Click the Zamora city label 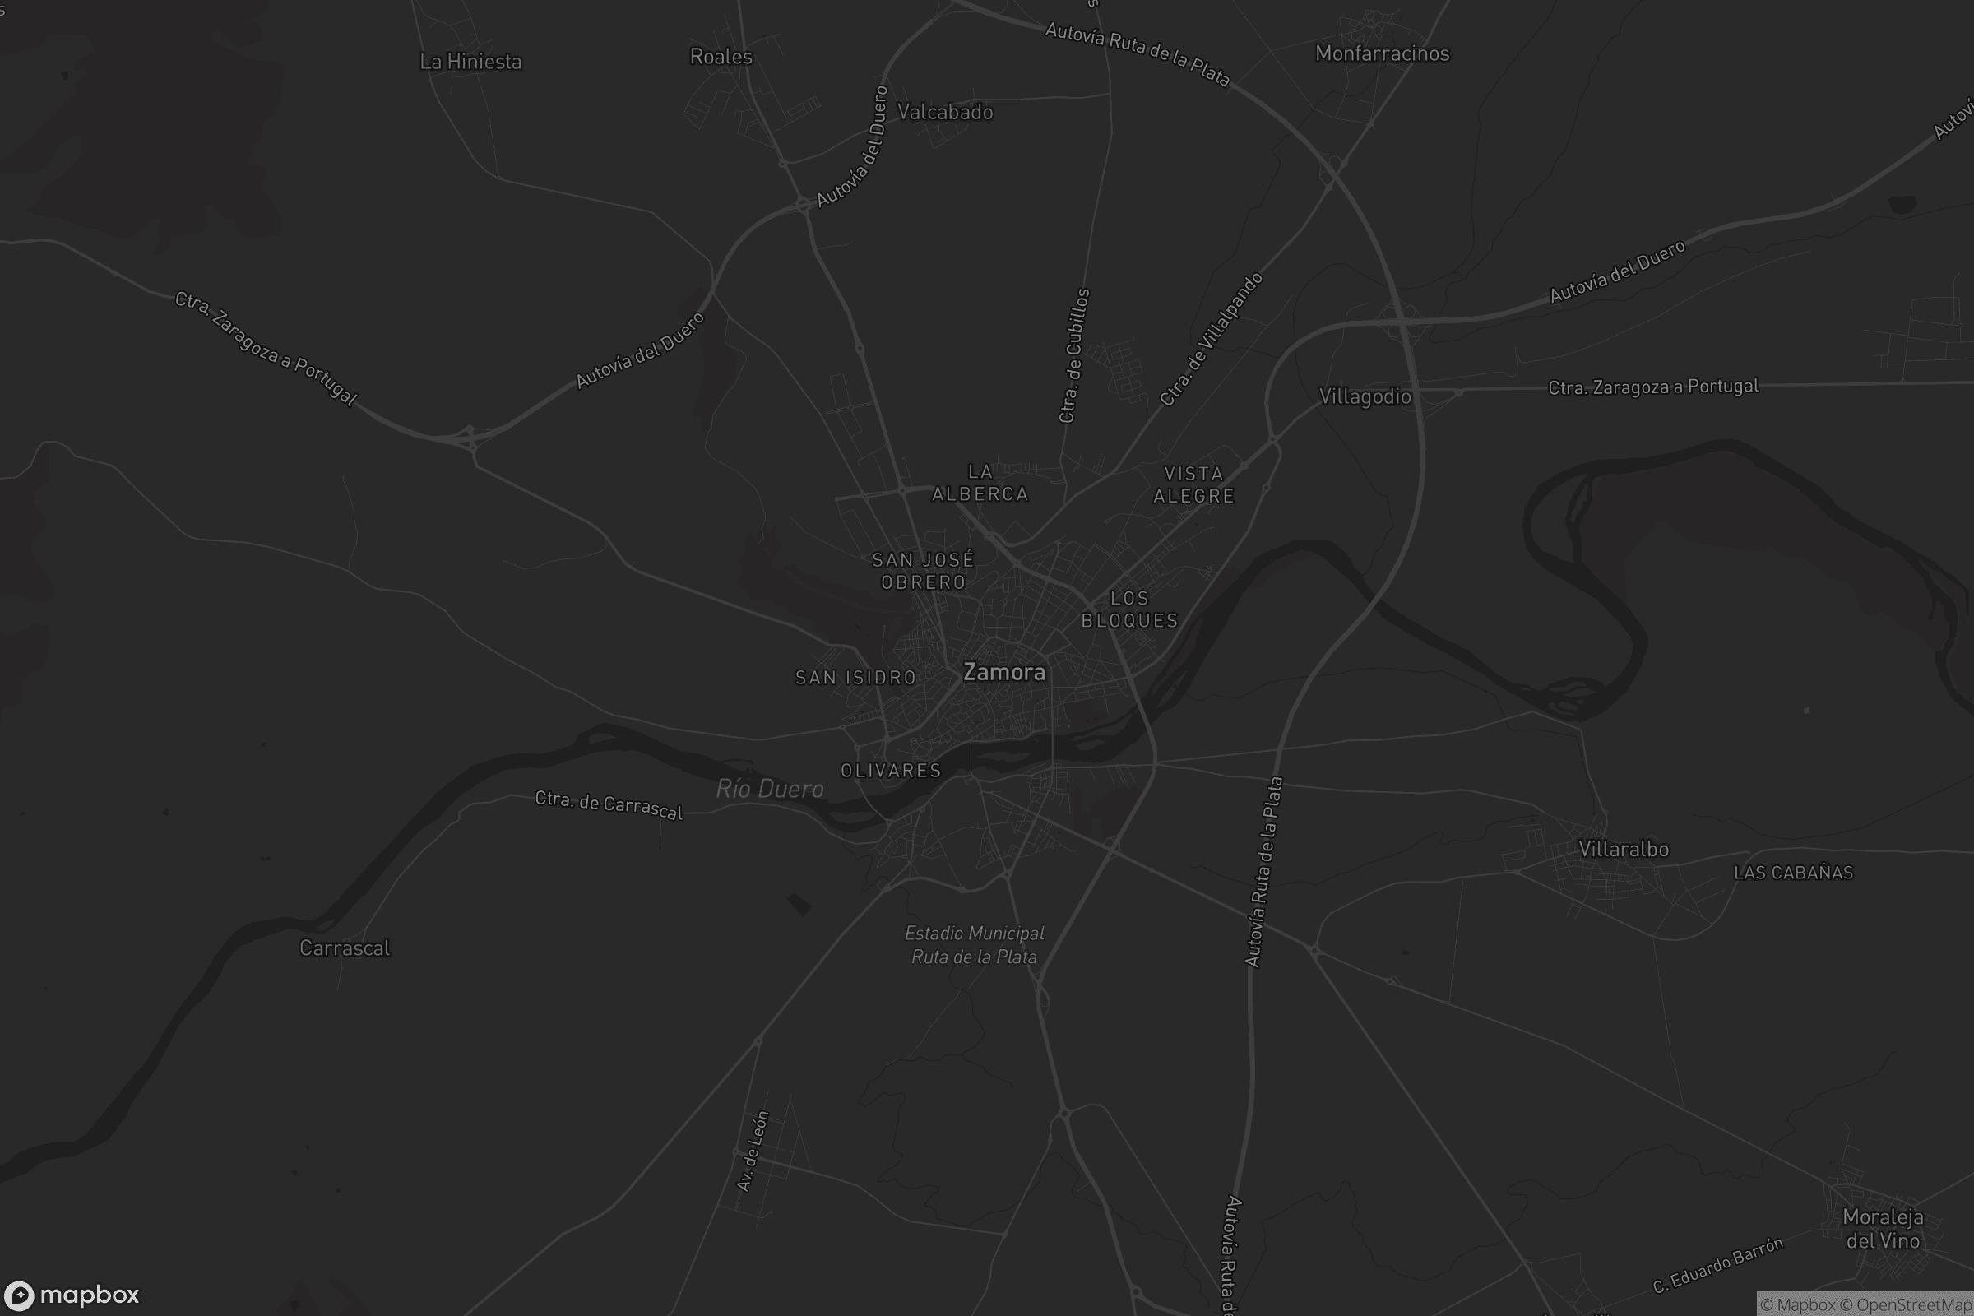pyautogui.click(x=1003, y=672)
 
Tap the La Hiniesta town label pyautogui.click(x=470, y=61)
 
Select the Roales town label pyautogui.click(x=721, y=56)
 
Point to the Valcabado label pyautogui.click(x=945, y=112)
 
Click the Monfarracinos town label pyautogui.click(x=1383, y=53)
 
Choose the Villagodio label pyautogui.click(x=1365, y=396)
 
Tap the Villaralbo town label pyautogui.click(x=1623, y=849)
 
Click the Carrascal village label pyautogui.click(x=344, y=948)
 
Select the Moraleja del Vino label pyautogui.click(x=1883, y=1228)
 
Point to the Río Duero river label pyautogui.click(x=770, y=788)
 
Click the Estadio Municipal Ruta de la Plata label pyautogui.click(x=975, y=944)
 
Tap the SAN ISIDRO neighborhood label pyautogui.click(x=855, y=677)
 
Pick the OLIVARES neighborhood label pyautogui.click(x=891, y=771)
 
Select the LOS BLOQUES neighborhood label pyautogui.click(x=1129, y=609)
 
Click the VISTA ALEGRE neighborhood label pyautogui.click(x=1193, y=484)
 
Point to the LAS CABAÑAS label pyautogui.click(x=1793, y=873)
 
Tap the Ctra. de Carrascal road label pyautogui.click(x=609, y=805)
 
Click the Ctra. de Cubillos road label pyautogui.click(x=1074, y=356)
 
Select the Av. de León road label pyautogui.click(x=752, y=1151)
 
